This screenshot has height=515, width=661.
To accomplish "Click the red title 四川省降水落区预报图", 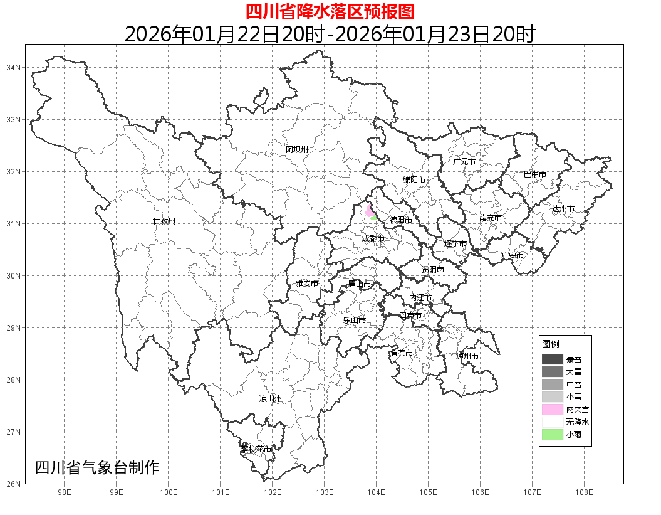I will [330, 11].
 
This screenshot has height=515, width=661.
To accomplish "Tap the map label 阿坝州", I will [297, 149].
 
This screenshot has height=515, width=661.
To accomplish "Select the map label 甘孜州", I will [164, 221].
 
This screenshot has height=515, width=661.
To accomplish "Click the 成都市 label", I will [373, 238].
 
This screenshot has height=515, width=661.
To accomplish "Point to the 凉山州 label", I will [271, 399].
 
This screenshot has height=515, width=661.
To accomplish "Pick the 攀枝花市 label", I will [257, 449].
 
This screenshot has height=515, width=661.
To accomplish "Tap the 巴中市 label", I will [535, 174].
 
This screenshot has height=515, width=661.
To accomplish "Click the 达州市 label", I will [563, 208].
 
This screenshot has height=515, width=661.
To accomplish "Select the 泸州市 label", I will [467, 356].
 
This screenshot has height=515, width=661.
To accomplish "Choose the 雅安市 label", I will [307, 284].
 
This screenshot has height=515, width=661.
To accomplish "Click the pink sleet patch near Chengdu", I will [368, 211].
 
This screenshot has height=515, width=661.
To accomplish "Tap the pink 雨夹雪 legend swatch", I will [553, 409].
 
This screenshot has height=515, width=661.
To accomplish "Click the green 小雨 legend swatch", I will [553, 434].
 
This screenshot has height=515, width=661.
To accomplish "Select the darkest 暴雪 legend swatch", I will [553, 359].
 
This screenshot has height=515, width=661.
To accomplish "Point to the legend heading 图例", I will [551, 344].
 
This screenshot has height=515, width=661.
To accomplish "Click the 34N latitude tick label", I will [14, 67].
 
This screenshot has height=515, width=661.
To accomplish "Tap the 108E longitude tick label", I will [584, 492].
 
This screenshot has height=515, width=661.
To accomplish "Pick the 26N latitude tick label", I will [14, 484].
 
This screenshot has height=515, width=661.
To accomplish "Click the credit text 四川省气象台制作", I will [97, 467].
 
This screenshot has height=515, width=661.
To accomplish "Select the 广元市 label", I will [464, 162].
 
